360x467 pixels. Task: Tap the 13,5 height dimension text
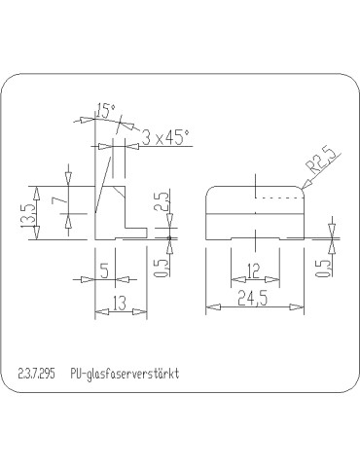coord(27,212)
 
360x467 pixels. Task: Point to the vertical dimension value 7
coord(59,201)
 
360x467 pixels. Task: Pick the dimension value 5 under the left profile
coord(103,269)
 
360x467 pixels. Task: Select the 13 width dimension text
coord(116,305)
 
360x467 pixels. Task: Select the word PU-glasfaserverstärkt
coord(126,374)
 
